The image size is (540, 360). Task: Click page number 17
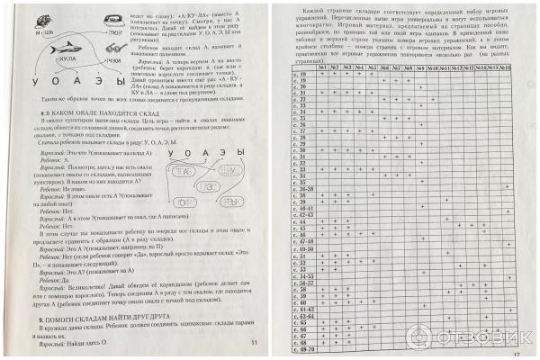click(516, 353)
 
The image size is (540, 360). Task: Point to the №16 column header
click(504, 67)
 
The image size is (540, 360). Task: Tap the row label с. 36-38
click(305, 189)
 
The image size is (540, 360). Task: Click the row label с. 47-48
click(305, 240)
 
